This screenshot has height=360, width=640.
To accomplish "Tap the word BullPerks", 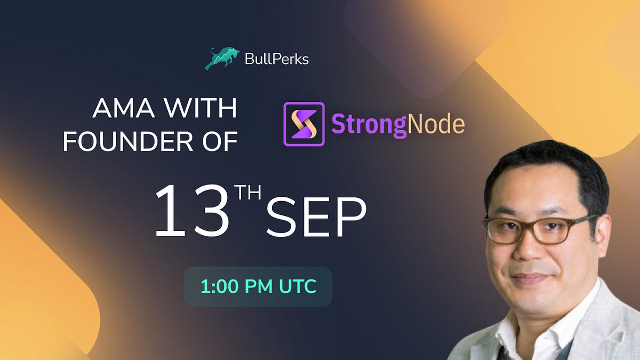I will [276, 59].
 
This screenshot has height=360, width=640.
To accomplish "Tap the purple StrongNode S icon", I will [303, 124].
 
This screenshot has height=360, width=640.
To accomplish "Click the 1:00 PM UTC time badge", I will [258, 286].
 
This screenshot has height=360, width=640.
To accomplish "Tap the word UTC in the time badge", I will [296, 286].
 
